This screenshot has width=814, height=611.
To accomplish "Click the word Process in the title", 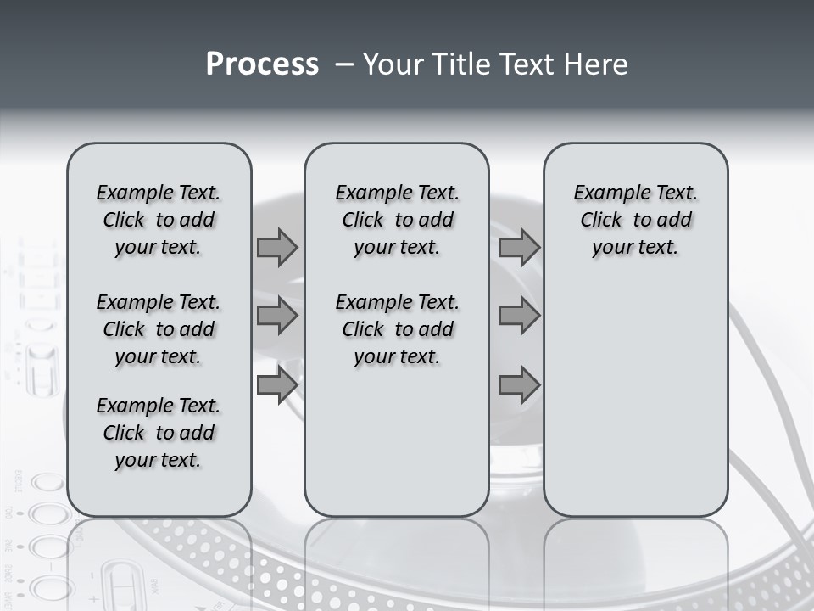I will [x=262, y=64].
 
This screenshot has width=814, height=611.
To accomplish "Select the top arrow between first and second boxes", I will [x=277, y=248].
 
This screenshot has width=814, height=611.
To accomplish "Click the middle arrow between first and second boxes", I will [x=277, y=317].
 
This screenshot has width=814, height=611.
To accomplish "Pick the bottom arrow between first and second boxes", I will [x=277, y=385].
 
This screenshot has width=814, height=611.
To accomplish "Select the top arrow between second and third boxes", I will [x=519, y=248].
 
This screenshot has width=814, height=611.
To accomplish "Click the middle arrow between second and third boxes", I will [x=519, y=317].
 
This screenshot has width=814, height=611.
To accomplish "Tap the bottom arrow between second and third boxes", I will [x=519, y=385].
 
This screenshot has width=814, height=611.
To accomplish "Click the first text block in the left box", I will [x=159, y=220].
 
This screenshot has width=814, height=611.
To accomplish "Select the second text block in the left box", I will [x=159, y=329].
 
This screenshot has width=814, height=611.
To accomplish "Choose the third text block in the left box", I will [x=159, y=433].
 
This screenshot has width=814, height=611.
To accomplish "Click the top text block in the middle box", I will [x=397, y=220].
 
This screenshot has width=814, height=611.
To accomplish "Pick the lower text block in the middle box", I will [x=397, y=329].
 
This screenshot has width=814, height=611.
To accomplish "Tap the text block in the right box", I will [x=636, y=220].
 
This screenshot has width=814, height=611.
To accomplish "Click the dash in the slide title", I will [x=345, y=65].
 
